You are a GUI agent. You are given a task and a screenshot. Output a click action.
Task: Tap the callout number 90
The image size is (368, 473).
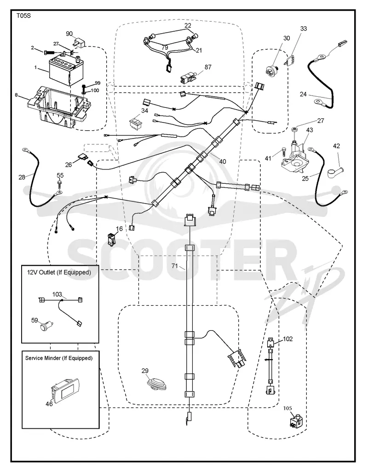69,34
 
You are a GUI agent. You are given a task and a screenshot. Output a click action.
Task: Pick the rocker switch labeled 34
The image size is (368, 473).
136,123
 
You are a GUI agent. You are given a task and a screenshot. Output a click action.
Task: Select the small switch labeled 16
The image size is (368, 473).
111,238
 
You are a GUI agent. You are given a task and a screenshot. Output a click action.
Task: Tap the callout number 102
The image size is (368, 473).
288,339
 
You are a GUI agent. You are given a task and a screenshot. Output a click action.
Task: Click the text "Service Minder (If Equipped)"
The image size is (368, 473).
59,358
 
